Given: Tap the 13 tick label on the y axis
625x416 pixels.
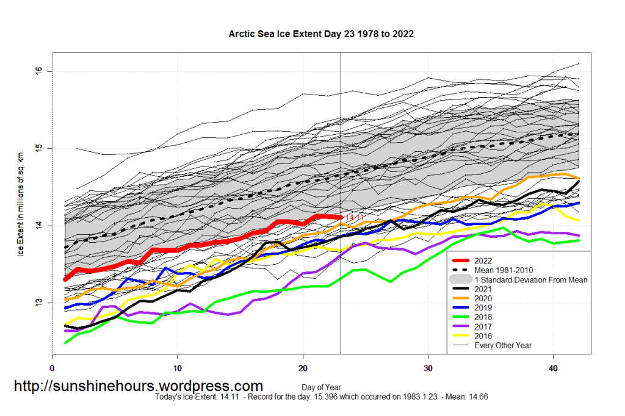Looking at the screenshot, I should (41, 303).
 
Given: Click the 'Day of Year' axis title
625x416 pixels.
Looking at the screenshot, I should (320, 387).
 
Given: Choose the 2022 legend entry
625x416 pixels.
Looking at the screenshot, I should (482, 261).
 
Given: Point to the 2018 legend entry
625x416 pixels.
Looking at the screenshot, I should (482, 317).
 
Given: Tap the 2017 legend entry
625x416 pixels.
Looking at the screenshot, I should (482, 326).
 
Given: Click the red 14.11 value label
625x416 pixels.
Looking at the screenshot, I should (355, 217).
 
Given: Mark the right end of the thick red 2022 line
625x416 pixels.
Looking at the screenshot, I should (340, 217).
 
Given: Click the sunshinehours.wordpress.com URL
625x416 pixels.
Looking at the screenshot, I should (138, 386).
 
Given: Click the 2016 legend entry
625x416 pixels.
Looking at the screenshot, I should (482, 336).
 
